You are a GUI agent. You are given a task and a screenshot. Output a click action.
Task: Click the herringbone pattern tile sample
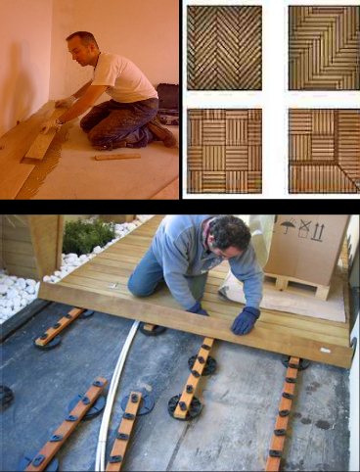224,47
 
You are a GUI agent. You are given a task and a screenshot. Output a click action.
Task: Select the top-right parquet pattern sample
323,47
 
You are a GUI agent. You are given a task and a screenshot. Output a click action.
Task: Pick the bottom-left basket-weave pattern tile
224,149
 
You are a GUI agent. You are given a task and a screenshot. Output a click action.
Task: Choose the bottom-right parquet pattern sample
323,149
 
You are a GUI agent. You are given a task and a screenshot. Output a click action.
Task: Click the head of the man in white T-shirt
81,48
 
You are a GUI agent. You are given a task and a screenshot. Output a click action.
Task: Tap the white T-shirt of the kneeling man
122,79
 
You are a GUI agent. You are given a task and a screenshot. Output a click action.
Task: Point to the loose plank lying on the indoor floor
116,155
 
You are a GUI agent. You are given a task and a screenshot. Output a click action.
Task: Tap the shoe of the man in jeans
161,133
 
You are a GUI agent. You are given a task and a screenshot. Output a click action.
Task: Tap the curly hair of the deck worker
231,233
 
